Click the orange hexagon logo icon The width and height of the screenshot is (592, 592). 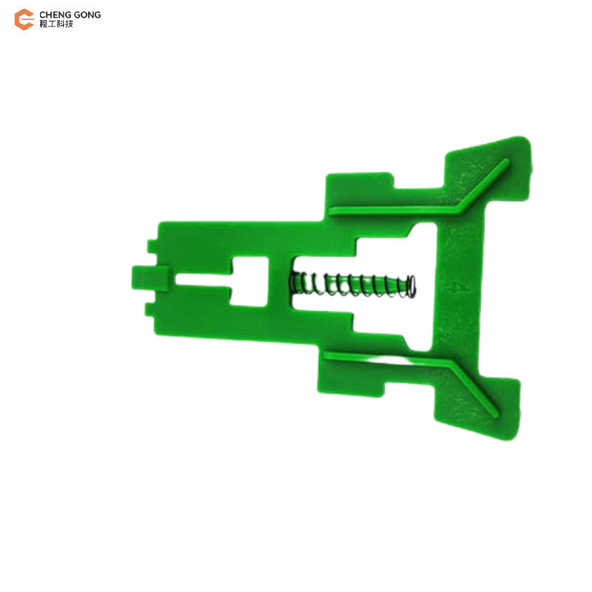pos(24,19)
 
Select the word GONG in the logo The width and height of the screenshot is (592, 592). pos(87,15)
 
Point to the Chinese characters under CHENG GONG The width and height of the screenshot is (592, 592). pos(56,24)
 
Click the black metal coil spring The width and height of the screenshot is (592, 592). pos(353,285)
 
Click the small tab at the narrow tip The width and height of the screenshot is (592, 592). pos(150,278)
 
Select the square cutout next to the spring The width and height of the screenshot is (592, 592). pos(249,281)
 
